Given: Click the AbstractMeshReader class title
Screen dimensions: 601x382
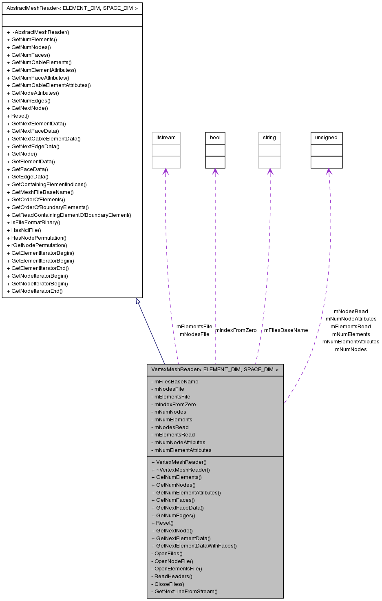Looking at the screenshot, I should [72, 8].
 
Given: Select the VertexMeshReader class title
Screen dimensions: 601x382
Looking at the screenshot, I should [215, 370].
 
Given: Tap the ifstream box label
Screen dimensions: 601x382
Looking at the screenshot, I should [166, 138].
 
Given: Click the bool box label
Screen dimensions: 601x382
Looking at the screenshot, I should [215, 138].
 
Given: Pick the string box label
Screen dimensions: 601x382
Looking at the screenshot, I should [269, 138].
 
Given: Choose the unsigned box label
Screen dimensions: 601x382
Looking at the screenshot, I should [326, 138].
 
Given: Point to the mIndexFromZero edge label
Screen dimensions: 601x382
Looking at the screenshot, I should [236, 330].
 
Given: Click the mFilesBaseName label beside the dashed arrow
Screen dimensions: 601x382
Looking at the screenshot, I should [286, 330].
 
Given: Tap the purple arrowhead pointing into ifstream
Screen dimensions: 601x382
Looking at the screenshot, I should [166, 171].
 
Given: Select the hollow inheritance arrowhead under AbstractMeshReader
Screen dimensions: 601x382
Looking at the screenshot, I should [138, 301].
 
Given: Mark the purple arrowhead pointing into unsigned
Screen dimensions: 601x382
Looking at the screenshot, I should [328, 171].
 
